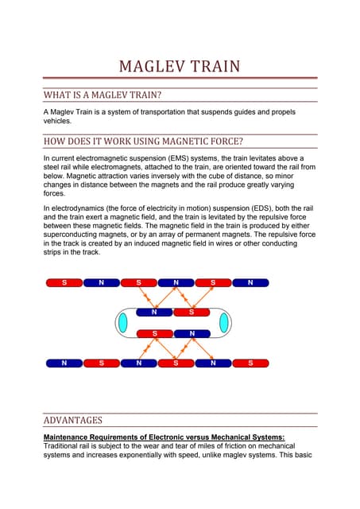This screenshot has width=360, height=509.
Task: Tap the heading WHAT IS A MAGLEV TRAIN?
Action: [103, 95]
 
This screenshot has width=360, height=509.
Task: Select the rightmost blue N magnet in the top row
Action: [250, 282]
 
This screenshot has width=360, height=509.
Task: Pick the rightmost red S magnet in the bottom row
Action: [250, 363]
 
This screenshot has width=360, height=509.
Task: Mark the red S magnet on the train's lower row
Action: [156, 333]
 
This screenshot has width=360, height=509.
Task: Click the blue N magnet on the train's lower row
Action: [191, 333]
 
